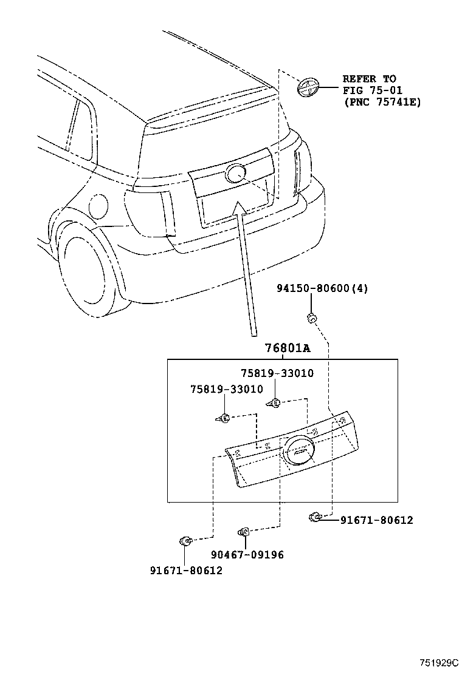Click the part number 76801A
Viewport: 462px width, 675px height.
tap(287, 348)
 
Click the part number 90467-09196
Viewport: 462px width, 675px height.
tap(247, 555)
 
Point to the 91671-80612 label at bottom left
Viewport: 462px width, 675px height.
tap(186, 571)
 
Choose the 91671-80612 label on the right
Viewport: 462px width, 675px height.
tap(376, 520)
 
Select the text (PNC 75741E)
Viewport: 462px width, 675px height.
tap(382, 103)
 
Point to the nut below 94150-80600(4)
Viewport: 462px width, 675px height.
tap(312, 317)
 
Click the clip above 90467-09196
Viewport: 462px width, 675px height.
tap(244, 532)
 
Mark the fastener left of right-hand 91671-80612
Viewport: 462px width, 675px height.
tap(315, 517)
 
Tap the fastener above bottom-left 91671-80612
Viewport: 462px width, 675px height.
tap(186, 540)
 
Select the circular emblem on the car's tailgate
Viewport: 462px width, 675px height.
tap(235, 173)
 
